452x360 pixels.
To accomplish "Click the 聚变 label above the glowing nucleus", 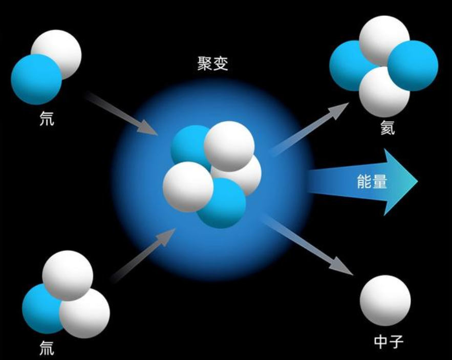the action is tap(213, 63).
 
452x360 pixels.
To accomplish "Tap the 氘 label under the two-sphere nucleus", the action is tap(47, 119).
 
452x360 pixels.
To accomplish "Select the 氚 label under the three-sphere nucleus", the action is tap(47, 348).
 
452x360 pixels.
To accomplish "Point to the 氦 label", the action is tap(388, 128).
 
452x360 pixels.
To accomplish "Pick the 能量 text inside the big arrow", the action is tap(372, 182).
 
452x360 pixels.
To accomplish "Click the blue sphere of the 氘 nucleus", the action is tap(36, 79).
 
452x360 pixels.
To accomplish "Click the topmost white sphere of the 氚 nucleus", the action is tap(68, 276).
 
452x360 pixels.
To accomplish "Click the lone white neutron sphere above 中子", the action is tap(385, 300).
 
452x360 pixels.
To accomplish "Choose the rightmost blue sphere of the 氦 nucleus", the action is tap(413, 66).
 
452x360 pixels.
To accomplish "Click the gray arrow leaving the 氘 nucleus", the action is tap(121, 113).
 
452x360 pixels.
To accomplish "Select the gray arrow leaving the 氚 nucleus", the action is tap(143, 256).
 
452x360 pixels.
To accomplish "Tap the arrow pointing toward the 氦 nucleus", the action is tap(309, 130).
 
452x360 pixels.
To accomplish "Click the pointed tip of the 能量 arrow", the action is tap(418, 181).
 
